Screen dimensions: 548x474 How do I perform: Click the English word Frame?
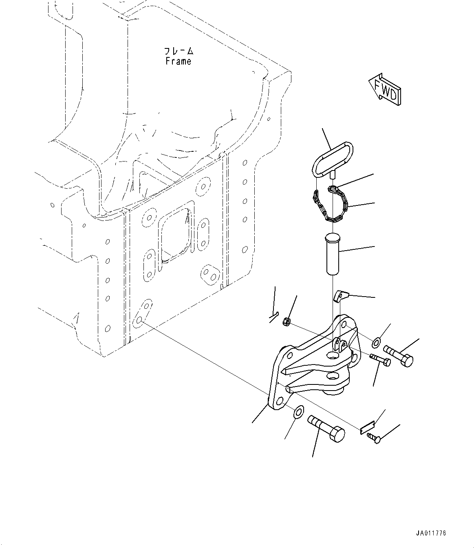[178, 61]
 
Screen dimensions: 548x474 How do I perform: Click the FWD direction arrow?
[384, 90]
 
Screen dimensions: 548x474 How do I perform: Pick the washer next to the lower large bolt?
[298, 412]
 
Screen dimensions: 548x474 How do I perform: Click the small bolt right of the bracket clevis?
[380, 360]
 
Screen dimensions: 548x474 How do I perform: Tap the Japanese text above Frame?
[179, 51]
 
